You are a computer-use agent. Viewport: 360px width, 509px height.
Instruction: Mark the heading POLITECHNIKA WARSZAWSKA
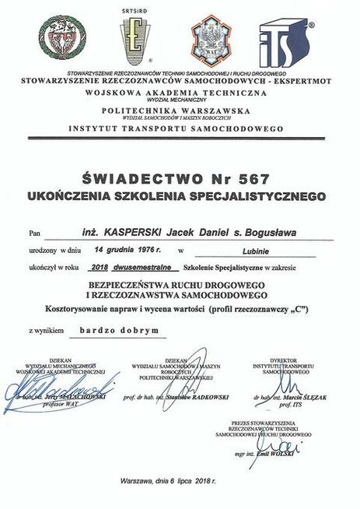[180, 111]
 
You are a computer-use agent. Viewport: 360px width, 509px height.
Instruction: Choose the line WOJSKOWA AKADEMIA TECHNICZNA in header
[180, 91]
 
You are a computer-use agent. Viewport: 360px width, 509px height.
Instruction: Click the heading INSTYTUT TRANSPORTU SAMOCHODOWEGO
[180, 128]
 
